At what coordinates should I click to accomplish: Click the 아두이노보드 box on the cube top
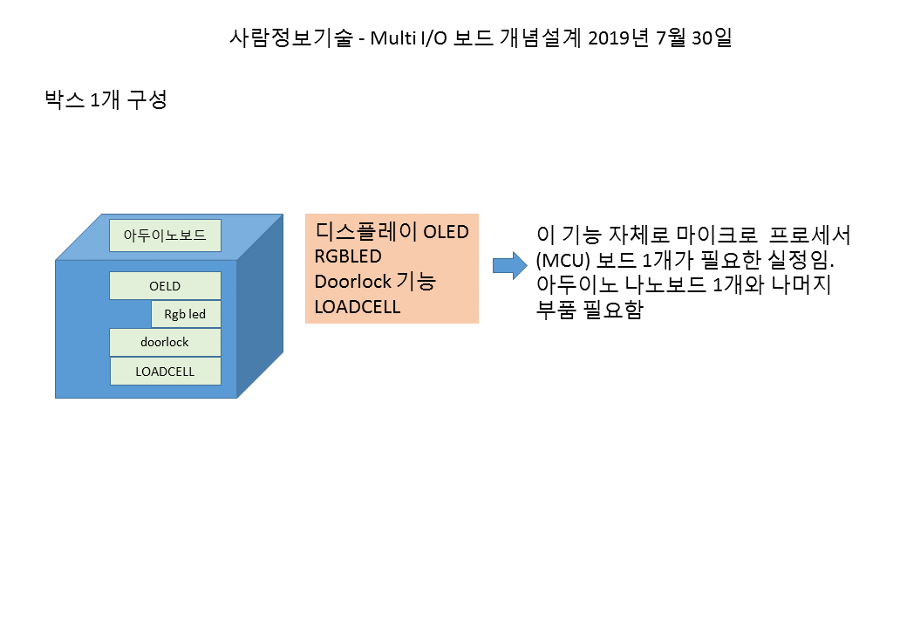165,235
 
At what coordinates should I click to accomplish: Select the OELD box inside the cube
165,286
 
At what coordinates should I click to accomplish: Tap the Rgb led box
186,314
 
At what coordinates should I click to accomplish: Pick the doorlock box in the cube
165,342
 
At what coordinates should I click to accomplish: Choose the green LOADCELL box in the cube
165,371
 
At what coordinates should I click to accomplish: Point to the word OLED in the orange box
446,232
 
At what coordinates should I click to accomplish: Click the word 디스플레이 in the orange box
365,232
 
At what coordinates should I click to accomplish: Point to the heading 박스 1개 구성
106,99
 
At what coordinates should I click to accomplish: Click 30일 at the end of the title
710,38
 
